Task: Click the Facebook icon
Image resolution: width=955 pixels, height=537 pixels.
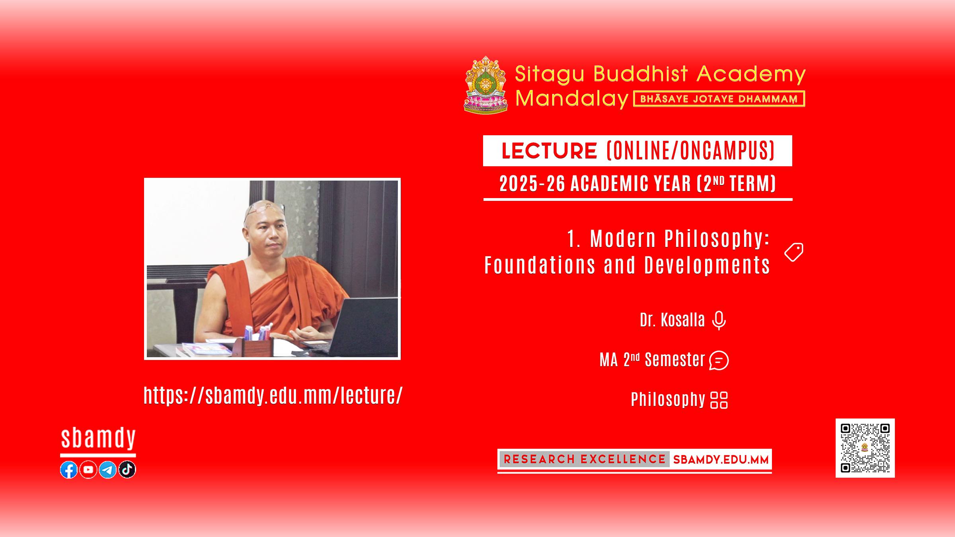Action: point(69,470)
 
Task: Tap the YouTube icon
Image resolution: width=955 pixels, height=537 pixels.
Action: point(88,470)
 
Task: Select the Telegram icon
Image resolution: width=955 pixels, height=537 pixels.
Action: point(107,470)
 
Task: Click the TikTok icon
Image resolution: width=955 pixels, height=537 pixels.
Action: point(127,470)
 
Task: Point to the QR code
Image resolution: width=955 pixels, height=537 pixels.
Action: point(865,448)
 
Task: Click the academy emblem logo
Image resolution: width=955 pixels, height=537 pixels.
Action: point(486,85)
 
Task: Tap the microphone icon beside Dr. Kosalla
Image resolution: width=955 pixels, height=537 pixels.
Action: point(719,321)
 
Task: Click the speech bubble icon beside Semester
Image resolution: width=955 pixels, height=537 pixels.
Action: point(719,360)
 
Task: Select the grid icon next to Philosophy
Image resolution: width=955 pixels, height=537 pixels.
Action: point(719,400)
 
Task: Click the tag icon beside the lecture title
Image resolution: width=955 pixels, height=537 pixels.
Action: point(794,252)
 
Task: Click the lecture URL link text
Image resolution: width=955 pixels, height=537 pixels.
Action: point(273,395)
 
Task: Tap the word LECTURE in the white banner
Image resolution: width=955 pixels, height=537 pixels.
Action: point(549,151)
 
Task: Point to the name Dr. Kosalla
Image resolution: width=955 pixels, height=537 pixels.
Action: point(672,320)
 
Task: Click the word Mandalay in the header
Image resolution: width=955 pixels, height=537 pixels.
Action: point(571,98)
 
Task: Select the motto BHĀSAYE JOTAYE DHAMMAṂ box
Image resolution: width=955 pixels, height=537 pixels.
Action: point(719,99)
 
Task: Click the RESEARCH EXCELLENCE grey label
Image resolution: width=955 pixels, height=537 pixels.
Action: point(584,459)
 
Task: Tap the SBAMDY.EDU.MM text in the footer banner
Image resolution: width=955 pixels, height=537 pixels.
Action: point(721,460)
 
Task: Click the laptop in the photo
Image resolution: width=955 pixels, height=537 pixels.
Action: point(358,326)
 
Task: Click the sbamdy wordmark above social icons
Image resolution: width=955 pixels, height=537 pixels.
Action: point(98,439)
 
